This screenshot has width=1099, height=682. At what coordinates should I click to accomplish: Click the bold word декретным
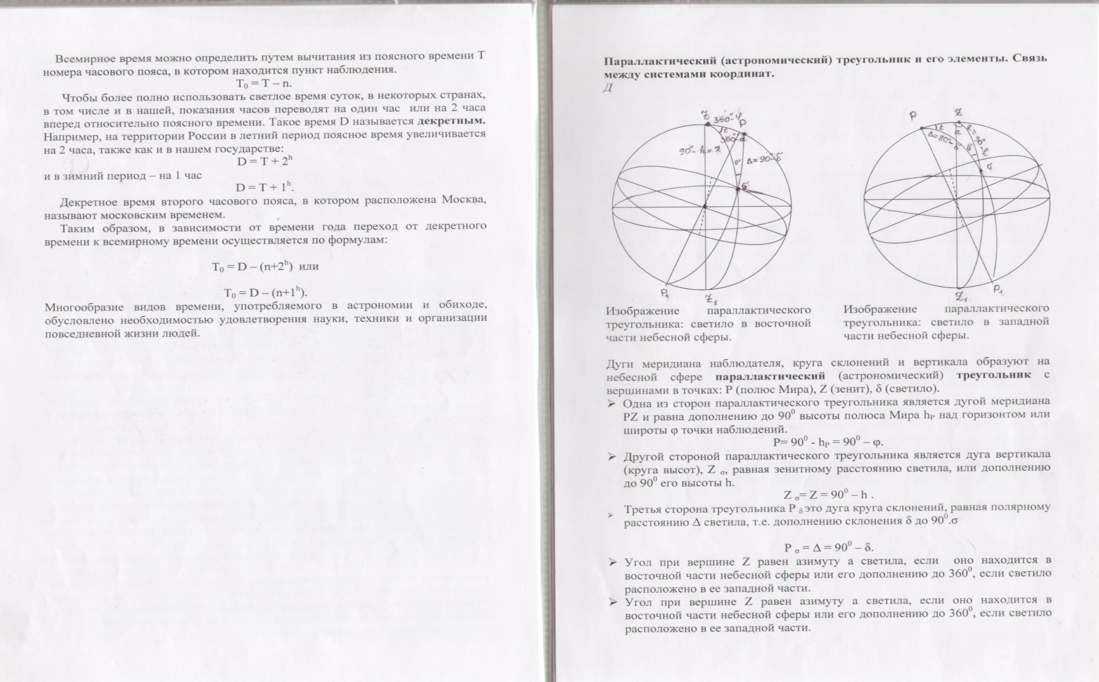coord(452,121)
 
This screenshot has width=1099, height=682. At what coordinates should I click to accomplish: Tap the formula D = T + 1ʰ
coord(265,187)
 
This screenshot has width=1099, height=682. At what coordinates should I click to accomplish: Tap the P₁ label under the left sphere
coord(665,293)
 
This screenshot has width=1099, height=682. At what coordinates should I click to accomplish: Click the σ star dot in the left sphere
coord(738,189)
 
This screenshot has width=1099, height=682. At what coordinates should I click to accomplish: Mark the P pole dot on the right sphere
coord(921,128)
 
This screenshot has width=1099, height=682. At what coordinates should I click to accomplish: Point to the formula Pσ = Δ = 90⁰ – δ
coord(828,548)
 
